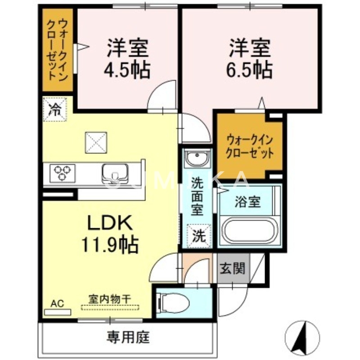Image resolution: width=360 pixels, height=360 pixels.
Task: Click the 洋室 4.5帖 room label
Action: pyautogui.click(x=128, y=58)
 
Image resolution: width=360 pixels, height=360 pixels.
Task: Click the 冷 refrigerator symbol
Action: pyautogui.click(x=54, y=109)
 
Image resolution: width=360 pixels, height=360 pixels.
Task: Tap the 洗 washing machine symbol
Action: pyautogui.click(x=198, y=235)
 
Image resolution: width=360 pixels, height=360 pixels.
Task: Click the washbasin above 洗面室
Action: pyautogui.click(x=197, y=159)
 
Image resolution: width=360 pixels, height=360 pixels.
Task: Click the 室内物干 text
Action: pyautogui.click(x=110, y=298)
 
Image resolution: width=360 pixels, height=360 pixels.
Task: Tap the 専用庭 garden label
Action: pyautogui.click(x=128, y=337)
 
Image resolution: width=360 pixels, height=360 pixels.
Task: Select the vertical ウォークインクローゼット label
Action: pyautogui.click(x=58, y=49)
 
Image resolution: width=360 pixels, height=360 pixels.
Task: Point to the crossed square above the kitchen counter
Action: pyautogui.click(x=96, y=143)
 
